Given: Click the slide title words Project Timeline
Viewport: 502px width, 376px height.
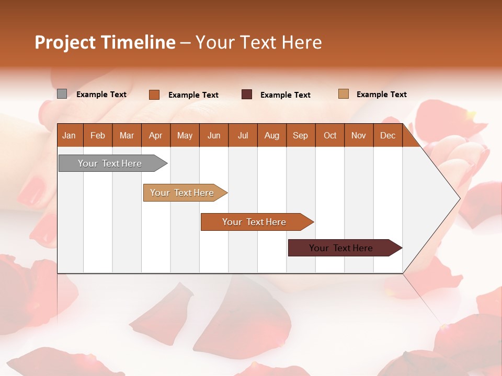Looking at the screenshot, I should click(x=105, y=42).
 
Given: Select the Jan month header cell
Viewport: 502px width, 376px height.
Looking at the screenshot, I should click(x=69, y=135).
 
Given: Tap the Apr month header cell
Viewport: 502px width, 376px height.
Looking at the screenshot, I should click(x=155, y=135).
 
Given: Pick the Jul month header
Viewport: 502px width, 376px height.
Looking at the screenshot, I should click(x=243, y=135).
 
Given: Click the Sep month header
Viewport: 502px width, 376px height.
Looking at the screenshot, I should click(x=300, y=135).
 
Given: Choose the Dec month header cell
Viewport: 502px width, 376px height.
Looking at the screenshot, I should click(x=387, y=135).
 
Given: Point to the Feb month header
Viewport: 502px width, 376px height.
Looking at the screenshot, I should click(x=98, y=135).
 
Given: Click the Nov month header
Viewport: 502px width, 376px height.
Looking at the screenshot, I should click(x=358, y=135).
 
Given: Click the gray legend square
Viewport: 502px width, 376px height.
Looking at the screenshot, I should click(x=62, y=94).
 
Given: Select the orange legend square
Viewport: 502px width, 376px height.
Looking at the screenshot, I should click(x=154, y=95).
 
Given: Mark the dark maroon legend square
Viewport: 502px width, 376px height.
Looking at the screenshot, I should click(x=247, y=94).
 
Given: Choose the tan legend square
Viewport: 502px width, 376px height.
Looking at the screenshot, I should click(x=343, y=94).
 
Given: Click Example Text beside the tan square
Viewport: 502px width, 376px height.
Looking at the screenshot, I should click(x=381, y=95).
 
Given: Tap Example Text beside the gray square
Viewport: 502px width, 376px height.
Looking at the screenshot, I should click(x=101, y=95).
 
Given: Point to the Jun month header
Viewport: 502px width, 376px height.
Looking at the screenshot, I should click(x=213, y=135).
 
